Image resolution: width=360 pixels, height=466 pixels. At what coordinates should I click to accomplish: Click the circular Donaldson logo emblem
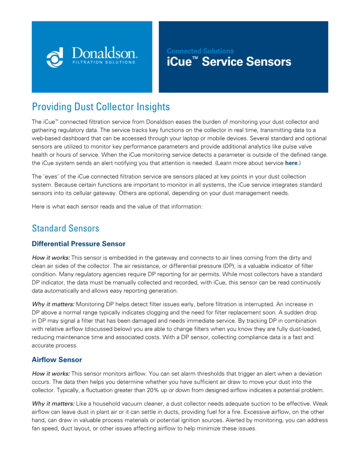point(55,57)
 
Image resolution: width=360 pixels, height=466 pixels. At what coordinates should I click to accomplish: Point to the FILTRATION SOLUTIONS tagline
point(104,62)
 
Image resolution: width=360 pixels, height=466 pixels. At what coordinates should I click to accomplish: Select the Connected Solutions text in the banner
point(200,51)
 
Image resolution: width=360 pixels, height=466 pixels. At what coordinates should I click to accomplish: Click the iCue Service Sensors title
point(229,62)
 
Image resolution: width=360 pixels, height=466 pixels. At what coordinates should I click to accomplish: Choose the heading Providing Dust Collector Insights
point(101,107)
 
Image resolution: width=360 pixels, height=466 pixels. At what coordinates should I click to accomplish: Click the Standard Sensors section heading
point(66,228)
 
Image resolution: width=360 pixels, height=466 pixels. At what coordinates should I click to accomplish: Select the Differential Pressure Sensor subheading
point(79,244)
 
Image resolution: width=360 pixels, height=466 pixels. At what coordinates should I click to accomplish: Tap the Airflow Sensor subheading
point(57,360)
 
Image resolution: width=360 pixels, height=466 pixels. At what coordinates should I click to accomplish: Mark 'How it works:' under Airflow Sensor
point(51,373)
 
